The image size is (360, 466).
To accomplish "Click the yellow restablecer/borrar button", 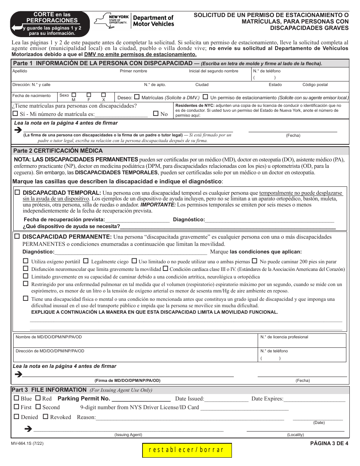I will [x=187, y=450].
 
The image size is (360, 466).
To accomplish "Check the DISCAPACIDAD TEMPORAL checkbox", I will [x=17, y=192].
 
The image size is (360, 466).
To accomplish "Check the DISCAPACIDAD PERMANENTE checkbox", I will [x=17, y=236].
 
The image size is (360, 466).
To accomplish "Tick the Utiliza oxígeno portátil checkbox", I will [x=26, y=261].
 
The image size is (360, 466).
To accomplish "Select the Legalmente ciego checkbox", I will [x=86, y=261].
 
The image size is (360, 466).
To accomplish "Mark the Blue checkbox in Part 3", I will [x=16, y=398].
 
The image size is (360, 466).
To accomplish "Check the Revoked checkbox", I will [x=45, y=417].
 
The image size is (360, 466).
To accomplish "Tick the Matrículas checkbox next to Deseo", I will [x=137, y=97].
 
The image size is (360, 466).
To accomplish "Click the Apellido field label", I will [x=20, y=71].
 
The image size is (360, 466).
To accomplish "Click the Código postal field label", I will [x=315, y=85].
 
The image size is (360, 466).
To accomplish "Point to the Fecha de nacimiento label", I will [x=31, y=96].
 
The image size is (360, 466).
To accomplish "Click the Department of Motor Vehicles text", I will [x=153, y=21].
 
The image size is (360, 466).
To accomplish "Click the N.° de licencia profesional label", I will [x=284, y=337].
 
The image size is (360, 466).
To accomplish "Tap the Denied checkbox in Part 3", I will [x=16, y=417].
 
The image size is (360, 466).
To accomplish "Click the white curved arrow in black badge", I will [x=17, y=28].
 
